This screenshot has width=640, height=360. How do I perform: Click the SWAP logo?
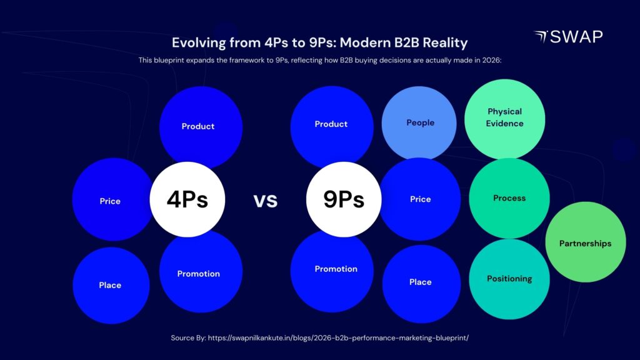coord(568,37)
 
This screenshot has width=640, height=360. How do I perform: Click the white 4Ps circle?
coord(187,199)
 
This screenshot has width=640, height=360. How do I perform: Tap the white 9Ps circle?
coord(343,199)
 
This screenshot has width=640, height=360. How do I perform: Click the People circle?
coord(420,122)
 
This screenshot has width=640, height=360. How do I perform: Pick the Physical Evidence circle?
coord(504,117)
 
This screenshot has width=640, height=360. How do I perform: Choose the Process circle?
coord(509,198)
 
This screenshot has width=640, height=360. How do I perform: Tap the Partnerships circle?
coord(585,243)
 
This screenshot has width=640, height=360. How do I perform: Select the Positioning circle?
coord(509,279)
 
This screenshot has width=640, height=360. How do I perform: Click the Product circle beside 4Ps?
coord(199,126)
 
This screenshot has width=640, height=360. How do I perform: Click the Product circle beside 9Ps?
coord(331,124)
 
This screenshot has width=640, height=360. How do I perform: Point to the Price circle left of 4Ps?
coord(111,201)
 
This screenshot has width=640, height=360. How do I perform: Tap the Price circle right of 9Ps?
coord(420,199)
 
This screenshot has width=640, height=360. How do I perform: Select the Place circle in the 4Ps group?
coord(110,285)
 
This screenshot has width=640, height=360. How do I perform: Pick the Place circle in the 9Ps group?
coord(420,282)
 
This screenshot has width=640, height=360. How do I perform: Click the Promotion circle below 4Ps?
coord(199,274)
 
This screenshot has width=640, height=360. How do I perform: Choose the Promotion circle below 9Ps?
coord(336,269)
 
